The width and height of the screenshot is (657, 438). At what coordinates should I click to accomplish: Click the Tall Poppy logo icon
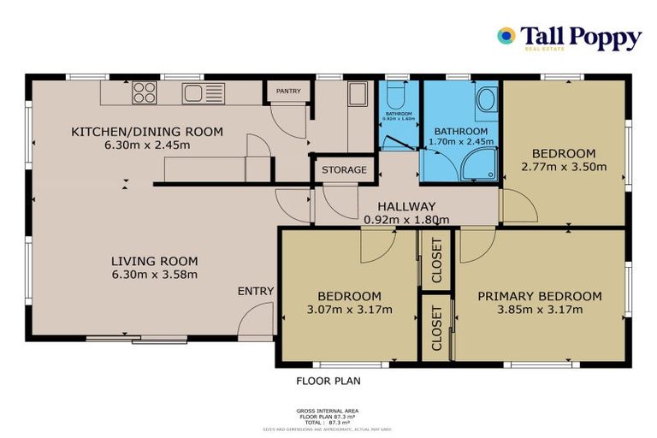(x=506, y=36)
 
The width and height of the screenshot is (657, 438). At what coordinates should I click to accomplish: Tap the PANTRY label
(x=288, y=91)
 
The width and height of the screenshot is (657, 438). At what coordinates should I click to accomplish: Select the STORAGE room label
(x=344, y=169)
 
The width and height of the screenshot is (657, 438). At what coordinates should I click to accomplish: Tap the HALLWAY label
(x=407, y=206)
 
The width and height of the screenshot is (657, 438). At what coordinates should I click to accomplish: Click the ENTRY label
(x=256, y=291)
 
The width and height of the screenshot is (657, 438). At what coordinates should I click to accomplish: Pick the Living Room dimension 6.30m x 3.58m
(x=155, y=275)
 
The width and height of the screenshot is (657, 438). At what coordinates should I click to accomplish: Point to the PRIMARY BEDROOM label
(x=540, y=296)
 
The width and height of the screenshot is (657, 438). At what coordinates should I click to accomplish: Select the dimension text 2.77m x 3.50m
(x=564, y=167)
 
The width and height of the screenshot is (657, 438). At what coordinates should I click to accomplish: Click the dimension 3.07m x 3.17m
(x=350, y=309)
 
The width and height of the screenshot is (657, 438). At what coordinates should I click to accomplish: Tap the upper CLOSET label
(x=436, y=260)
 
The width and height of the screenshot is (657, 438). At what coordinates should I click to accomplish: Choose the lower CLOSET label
(x=436, y=329)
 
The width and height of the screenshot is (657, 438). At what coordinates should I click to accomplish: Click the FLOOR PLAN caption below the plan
(x=328, y=381)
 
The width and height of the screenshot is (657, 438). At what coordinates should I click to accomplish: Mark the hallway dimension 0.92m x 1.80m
(x=407, y=219)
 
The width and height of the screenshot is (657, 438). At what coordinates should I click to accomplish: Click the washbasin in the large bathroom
(x=485, y=100)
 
